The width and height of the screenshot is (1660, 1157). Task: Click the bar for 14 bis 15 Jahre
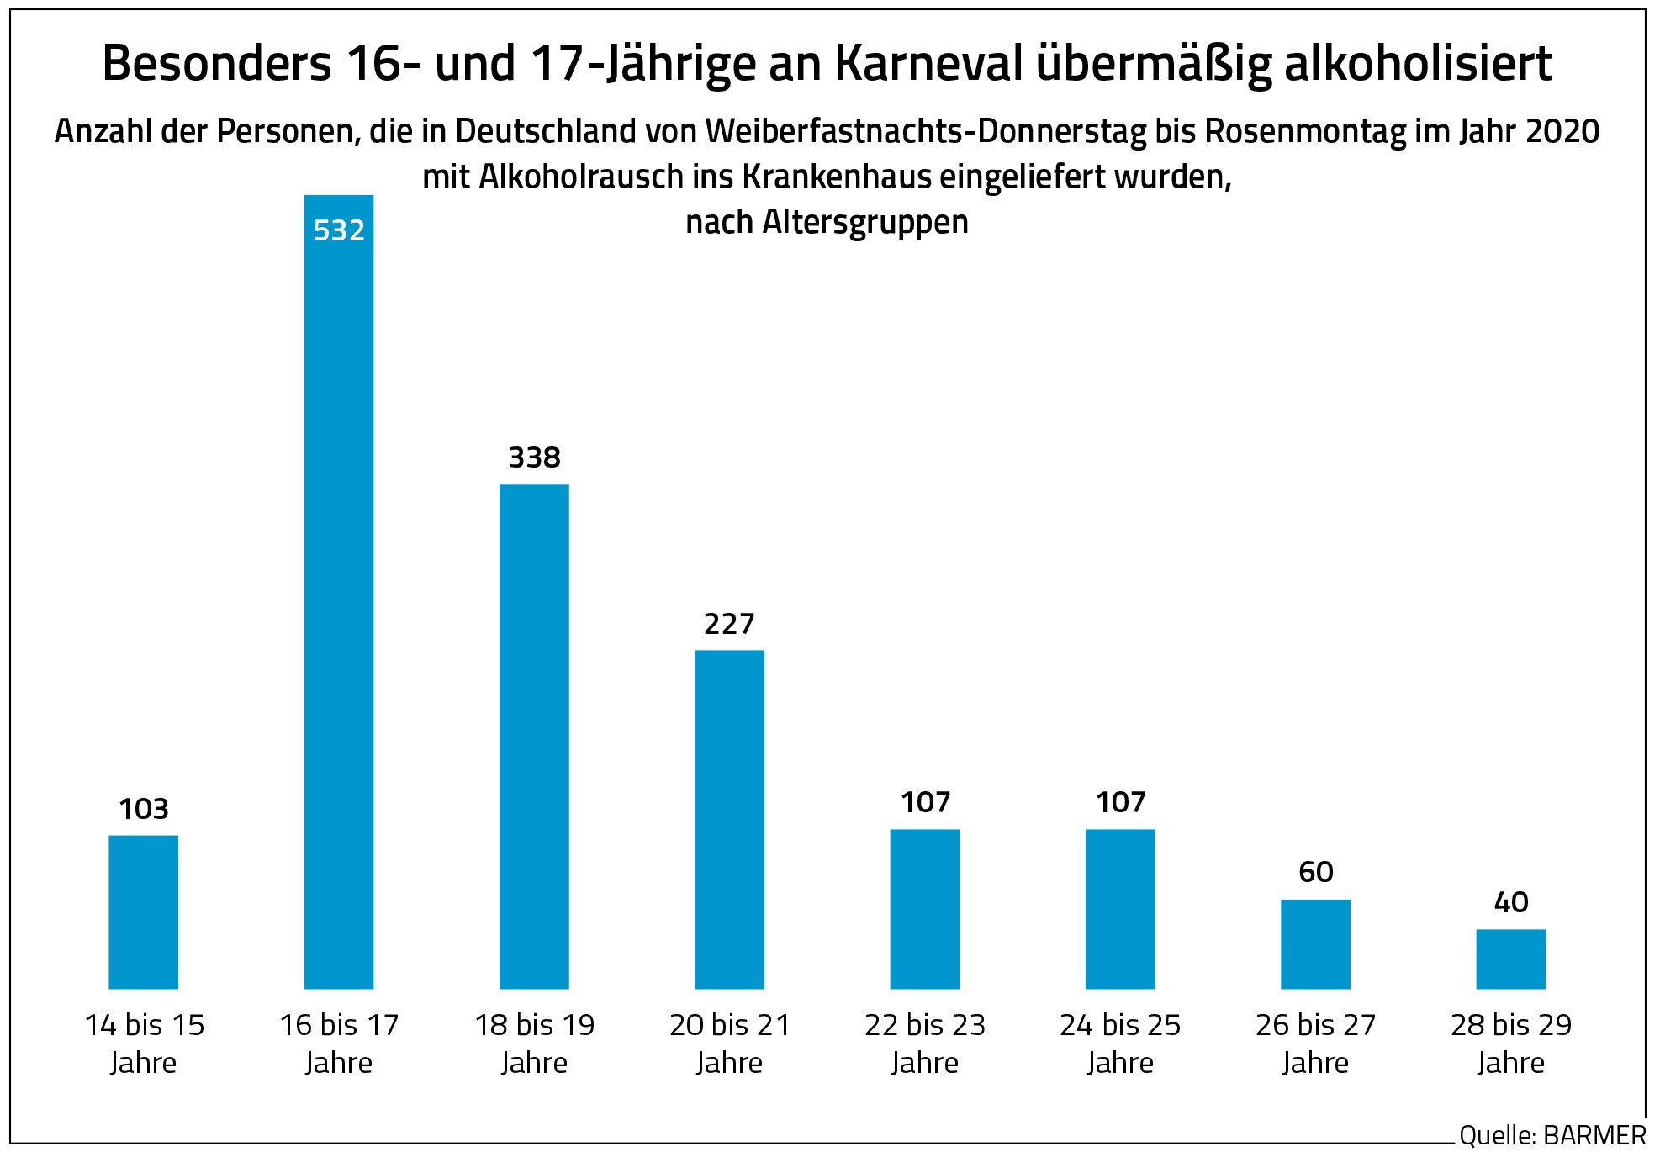coord(143,911)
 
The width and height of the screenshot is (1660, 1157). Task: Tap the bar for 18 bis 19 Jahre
coord(534,736)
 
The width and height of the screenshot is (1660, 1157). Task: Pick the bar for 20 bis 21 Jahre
coord(729,819)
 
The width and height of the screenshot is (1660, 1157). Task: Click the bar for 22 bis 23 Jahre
coord(925,908)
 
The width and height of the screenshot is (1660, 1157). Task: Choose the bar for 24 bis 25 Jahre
coord(1120,908)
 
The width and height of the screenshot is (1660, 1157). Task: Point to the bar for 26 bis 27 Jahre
coord(1315,943)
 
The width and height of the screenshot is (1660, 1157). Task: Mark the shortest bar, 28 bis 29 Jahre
coord(1511,959)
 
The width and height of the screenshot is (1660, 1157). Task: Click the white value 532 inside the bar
coord(339,230)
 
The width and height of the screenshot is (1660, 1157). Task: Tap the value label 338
coord(534,457)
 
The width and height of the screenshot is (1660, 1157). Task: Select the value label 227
coord(729,624)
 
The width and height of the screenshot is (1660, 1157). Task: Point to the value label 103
coord(143,809)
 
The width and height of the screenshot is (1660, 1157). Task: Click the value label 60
coord(1315,872)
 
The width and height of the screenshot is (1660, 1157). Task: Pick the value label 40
coord(1511,902)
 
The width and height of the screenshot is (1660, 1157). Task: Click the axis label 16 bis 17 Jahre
coord(339,1043)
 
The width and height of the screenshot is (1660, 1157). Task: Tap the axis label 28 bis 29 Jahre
coord(1511,1043)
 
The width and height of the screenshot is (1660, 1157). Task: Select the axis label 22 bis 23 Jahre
coord(925,1043)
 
